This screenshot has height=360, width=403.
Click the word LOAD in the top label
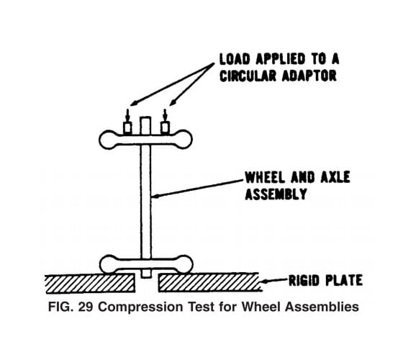(235, 59)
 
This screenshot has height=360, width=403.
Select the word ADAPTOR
(309, 76)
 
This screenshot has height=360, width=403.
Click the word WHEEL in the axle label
(265, 177)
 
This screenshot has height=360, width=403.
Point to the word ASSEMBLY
(276, 194)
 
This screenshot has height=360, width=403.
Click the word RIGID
(304, 280)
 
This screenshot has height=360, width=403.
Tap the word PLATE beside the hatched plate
(344, 280)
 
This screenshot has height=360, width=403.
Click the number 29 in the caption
(86, 307)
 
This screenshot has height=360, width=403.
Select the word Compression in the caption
(140, 307)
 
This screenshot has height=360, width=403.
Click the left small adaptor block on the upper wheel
(127, 128)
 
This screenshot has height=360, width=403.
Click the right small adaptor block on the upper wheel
(165, 128)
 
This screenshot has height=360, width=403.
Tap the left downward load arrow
(127, 115)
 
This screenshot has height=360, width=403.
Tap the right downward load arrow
(165, 115)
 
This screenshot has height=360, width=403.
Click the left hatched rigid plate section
(90, 284)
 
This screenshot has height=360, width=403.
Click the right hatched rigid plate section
(209, 282)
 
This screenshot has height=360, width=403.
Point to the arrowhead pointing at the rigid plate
(265, 282)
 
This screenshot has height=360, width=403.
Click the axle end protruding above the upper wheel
(145, 125)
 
